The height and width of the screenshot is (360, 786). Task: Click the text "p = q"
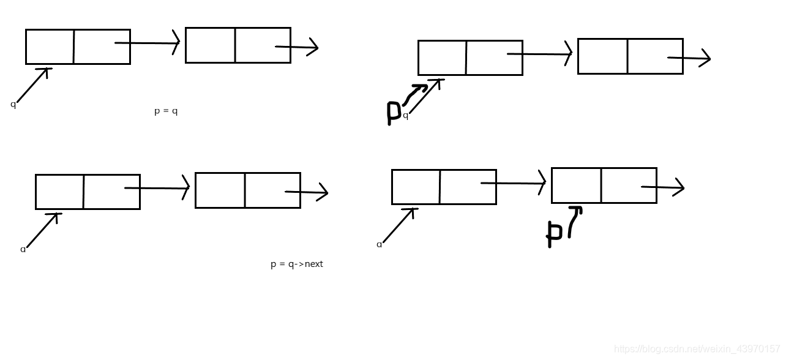click(x=166, y=111)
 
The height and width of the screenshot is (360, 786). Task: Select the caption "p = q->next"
click(x=296, y=264)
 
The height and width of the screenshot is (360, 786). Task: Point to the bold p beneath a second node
click(x=554, y=233)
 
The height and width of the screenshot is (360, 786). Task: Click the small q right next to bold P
click(x=405, y=116)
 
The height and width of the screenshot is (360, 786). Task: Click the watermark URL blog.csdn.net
click(x=697, y=349)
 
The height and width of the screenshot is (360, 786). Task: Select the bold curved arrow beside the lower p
click(x=574, y=220)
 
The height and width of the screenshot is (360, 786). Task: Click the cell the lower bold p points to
click(x=576, y=186)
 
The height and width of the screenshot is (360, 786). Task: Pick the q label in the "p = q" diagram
click(x=13, y=105)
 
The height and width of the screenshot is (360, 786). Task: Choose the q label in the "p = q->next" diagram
click(x=23, y=250)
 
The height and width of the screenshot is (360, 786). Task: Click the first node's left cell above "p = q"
click(x=50, y=47)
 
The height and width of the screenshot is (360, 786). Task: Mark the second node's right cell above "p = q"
click(x=262, y=45)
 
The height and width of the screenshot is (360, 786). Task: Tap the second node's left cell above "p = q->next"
click(x=220, y=190)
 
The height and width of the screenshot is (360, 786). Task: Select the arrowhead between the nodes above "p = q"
click(x=176, y=43)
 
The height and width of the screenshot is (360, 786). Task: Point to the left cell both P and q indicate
click(x=442, y=58)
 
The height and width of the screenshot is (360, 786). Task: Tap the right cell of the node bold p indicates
click(x=629, y=186)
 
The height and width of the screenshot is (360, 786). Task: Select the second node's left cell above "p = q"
click(x=210, y=45)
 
